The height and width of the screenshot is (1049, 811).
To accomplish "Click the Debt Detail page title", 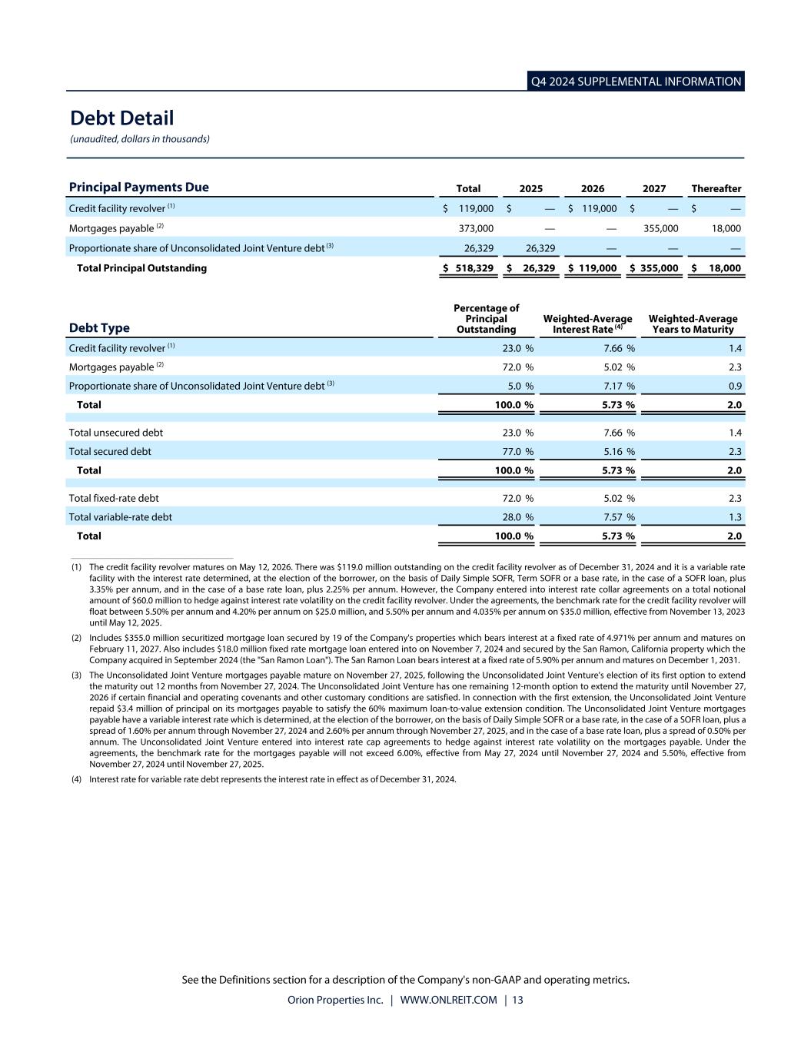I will click(121, 118).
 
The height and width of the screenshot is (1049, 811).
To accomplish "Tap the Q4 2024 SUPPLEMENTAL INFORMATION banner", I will click(636, 81).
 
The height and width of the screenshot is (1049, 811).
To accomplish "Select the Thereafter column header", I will click(716, 188).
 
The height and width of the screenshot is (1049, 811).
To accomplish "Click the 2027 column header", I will click(654, 188).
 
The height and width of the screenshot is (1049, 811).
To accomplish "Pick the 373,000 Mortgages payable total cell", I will click(476, 228).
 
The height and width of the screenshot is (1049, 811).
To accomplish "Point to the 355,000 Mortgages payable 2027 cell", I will click(660, 228).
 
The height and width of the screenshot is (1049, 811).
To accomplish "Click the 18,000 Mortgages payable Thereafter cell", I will click(726, 228).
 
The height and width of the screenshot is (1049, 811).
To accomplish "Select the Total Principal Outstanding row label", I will click(141, 268).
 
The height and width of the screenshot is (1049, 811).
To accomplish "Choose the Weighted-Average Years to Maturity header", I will click(693, 324).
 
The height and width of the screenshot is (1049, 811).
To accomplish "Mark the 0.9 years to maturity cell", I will click(734, 386).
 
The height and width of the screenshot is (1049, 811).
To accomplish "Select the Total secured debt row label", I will click(110, 452).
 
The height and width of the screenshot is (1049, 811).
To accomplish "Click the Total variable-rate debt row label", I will click(121, 517).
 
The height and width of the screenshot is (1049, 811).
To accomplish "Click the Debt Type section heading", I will click(99, 328).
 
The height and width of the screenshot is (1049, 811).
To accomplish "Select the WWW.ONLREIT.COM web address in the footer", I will click(448, 1000).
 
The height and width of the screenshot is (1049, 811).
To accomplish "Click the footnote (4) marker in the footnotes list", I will click(77, 779).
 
